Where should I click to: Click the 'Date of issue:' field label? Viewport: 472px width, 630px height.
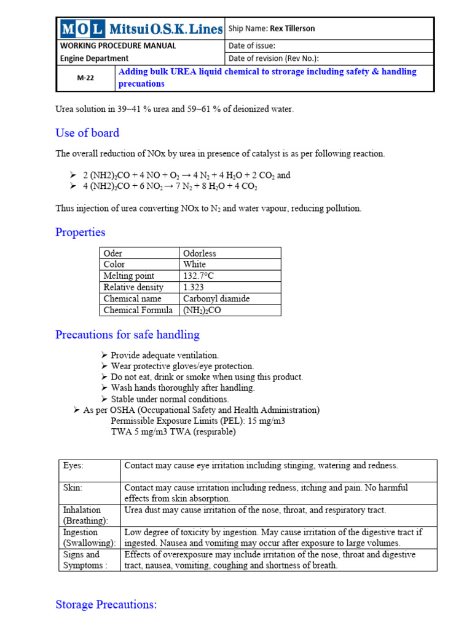(x=252, y=46)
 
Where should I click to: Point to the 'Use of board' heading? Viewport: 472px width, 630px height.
(x=87, y=133)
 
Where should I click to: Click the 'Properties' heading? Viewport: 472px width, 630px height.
(x=81, y=232)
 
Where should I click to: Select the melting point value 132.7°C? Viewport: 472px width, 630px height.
(x=199, y=276)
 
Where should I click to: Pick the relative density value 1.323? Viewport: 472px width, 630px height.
(x=194, y=287)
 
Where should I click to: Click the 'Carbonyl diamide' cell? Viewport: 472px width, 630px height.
(x=216, y=298)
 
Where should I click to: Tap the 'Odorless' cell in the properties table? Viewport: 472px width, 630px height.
(x=200, y=253)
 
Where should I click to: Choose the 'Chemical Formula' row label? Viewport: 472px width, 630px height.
(x=138, y=310)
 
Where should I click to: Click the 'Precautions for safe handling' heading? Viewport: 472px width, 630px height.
(x=127, y=335)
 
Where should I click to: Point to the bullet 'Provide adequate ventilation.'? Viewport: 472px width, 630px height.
(x=164, y=356)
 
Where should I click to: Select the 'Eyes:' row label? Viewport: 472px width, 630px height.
(x=73, y=466)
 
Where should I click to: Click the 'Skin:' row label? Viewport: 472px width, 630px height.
(x=73, y=487)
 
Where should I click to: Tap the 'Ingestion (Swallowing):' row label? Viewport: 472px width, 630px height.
(x=89, y=537)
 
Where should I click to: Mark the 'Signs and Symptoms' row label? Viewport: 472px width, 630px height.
(x=85, y=560)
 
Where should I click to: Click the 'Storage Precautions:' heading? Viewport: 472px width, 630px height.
(x=106, y=605)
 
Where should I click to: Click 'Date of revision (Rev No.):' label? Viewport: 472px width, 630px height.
(x=283, y=58)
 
